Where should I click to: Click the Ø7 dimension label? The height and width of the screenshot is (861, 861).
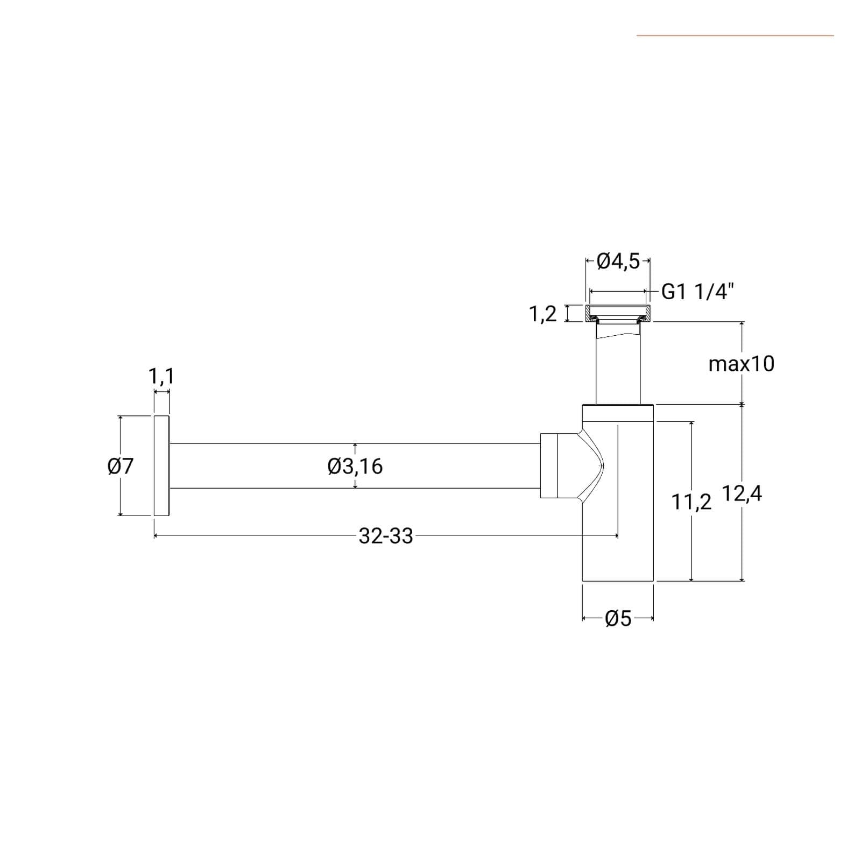coord(121,466)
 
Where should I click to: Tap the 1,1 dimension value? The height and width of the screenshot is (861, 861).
coord(161,376)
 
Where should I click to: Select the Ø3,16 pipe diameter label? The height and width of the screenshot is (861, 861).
coord(355,466)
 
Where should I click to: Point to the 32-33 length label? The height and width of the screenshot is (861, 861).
coord(386,536)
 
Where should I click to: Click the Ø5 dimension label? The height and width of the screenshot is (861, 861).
coord(618,619)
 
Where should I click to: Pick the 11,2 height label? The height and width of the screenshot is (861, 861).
coord(691,503)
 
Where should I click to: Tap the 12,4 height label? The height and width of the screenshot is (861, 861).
coord(742,493)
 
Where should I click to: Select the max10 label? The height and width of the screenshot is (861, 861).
coord(742,364)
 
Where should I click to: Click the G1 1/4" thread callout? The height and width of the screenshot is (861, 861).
coord(697,292)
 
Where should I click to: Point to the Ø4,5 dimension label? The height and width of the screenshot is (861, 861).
coord(618,262)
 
